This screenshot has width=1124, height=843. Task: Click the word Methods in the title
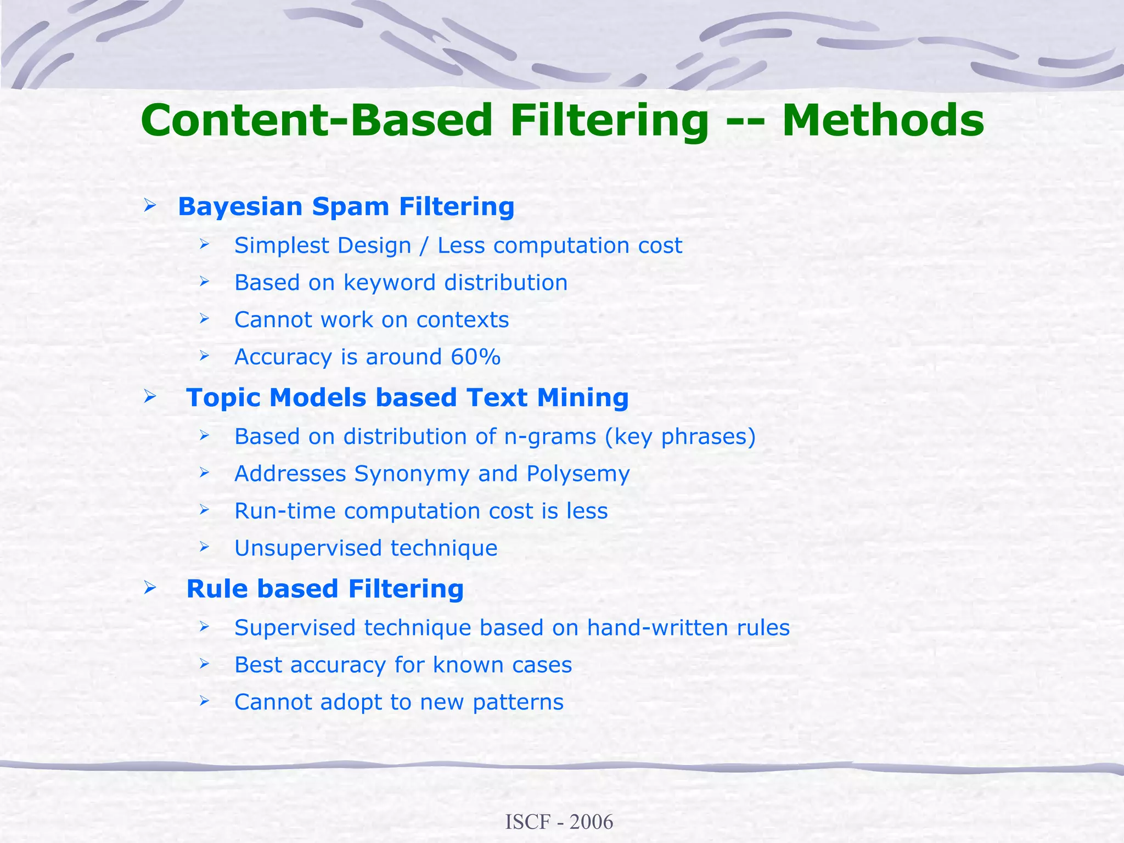[x=883, y=121]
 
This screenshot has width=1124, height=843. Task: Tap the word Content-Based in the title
[x=317, y=121]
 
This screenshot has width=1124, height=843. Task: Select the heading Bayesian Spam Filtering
[x=346, y=207]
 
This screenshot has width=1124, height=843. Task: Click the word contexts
[x=462, y=320]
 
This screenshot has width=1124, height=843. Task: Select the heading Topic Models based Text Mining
[x=407, y=397]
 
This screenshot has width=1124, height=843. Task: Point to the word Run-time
[x=285, y=511]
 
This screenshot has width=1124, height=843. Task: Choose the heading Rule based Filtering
[x=325, y=589]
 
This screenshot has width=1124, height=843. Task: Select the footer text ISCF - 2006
[x=559, y=822]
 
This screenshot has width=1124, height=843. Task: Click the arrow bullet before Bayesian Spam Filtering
[x=149, y=206]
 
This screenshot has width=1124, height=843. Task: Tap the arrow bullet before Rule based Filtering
[x=149, y=588]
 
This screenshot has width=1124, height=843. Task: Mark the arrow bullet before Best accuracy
[x=204, y=664]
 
